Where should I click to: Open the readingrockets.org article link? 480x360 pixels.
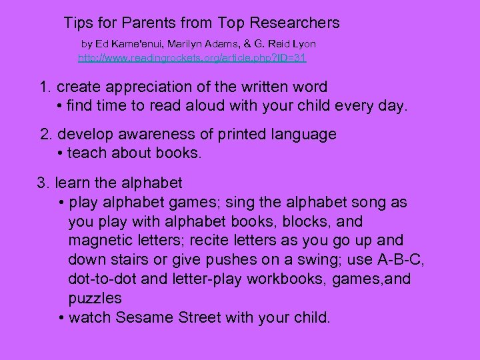point(192,58)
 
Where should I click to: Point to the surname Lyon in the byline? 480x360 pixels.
point(304,43)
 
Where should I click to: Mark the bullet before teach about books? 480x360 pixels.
point(61,153)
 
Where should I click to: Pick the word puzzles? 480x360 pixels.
point(95,298)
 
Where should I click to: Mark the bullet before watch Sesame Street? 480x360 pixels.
point(61,317)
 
